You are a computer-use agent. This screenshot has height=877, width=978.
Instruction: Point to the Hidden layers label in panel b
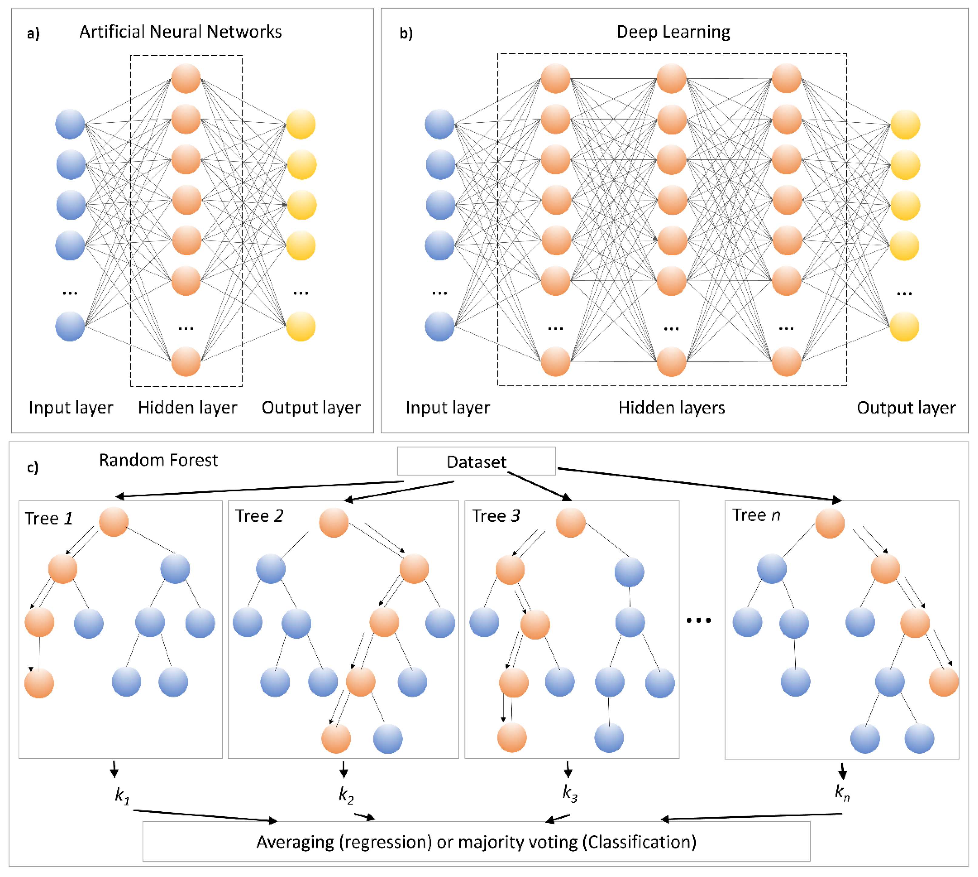tap(671, 408)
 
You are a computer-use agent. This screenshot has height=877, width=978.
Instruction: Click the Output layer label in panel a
tap(311, 408)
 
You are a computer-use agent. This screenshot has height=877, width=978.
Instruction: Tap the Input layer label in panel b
tap(447, 408)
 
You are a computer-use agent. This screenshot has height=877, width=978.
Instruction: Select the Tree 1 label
tap(49, 519)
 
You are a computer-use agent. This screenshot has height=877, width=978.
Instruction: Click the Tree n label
tap(755, 515)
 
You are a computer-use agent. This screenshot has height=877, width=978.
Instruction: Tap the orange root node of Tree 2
tap(333, 522)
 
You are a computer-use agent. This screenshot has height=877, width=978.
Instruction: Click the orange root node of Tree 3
tap(571, 522)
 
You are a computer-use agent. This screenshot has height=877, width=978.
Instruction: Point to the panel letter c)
tap(32, 467)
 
